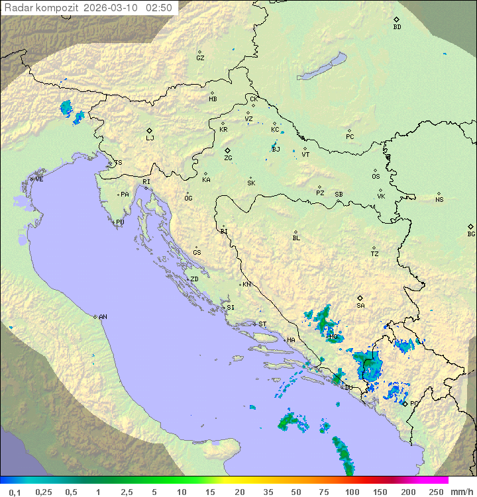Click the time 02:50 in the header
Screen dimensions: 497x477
pos(159,8)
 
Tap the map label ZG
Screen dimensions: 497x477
pos(228,158)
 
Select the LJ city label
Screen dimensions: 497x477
pos(150,138)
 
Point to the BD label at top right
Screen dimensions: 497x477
pos(397,27)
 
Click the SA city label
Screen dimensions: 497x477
pos(360,305)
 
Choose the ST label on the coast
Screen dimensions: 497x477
pos(262,324)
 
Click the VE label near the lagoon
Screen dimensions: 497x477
pos(39,179)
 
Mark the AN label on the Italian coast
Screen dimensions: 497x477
pos(103,317)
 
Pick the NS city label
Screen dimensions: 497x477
pos(439,200)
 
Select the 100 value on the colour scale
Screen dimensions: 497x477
pos(352,492)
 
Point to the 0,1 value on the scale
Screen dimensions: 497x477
pos(15,492)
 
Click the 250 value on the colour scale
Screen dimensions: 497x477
pos(436,492)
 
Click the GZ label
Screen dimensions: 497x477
pos(200,58)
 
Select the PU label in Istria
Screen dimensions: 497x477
pos(120,223)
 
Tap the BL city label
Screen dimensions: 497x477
pos(296,238)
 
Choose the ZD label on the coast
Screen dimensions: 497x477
pos(194,279)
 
